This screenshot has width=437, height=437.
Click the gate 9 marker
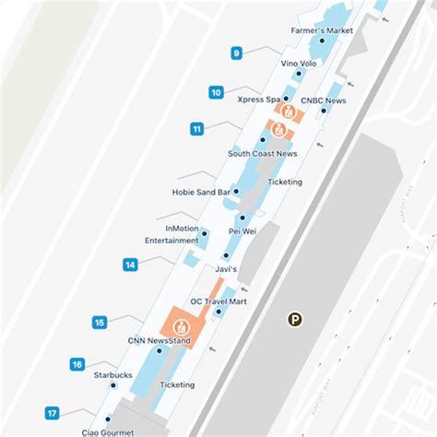pyautogui.click(x=237, y=53)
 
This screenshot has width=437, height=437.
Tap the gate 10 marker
pyautogui.click(x=216, y=92)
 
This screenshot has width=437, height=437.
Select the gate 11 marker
pyautogui.click(x=196, y=129)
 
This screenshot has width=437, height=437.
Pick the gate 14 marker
pyautogui.click(x=131, y=265)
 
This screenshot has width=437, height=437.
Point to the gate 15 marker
pyautogui.click(x=100, y=322)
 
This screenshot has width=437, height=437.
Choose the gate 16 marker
pyautogui.click(x=77, y=364)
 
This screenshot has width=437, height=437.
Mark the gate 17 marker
pyautogui.click(x=53, y=413)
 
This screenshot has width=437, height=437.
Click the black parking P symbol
pyautogui.click(x=295, y=320)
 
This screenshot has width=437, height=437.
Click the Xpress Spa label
pyautogui.click(x=258, y=99)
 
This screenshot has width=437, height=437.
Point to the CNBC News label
pyautogui.click(x=323, y=100)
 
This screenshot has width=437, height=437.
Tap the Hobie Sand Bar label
pyautogui.click(x=200, y=193)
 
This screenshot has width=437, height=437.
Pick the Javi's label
pyautogui.click(x=226, y=268)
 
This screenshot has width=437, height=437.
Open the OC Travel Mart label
pyautogui.click(x=218, y=301)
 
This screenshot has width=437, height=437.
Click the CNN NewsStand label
pyautogui.click(x=159, y=340)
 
